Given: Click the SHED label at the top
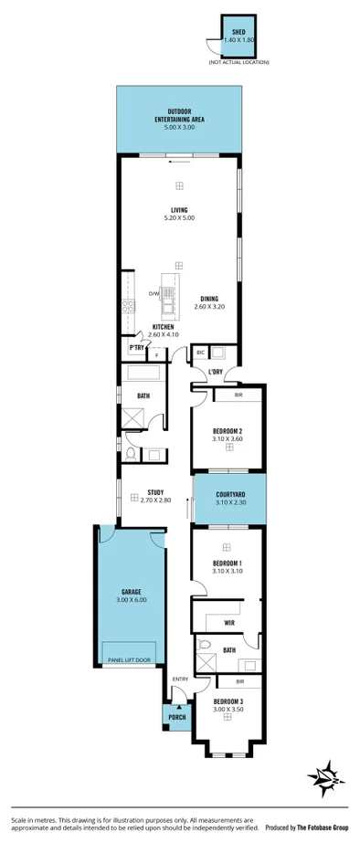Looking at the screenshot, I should click(238, 32).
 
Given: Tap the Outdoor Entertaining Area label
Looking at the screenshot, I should click(179, 114).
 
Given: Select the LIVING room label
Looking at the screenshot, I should click(179, 210).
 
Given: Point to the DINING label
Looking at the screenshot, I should click(208, 298).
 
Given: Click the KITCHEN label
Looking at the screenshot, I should click(163, 327).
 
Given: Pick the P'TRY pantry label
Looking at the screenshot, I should click(136, 348).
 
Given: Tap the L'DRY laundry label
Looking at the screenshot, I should click(216, 372).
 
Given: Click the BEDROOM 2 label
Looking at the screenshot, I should click(227, 430).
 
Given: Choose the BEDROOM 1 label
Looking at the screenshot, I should click(227, 563).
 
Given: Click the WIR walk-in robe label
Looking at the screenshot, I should click(228, 622).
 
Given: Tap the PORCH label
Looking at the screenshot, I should click(176, 717).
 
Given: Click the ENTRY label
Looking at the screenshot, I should click(179, 678).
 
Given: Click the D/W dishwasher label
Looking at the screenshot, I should click(154, 293).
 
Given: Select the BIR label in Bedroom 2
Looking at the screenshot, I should click(238, 395).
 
